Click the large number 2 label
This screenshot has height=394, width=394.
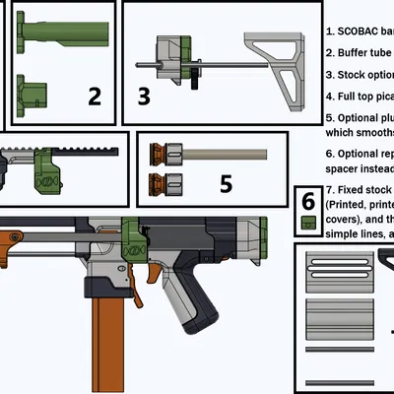pos(95,96)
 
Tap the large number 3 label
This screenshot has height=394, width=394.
pos(144,96)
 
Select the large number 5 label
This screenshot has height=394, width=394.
pos(226,182)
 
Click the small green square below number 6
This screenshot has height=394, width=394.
pos(309,223)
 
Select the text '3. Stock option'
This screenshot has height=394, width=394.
pos(359,74)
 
